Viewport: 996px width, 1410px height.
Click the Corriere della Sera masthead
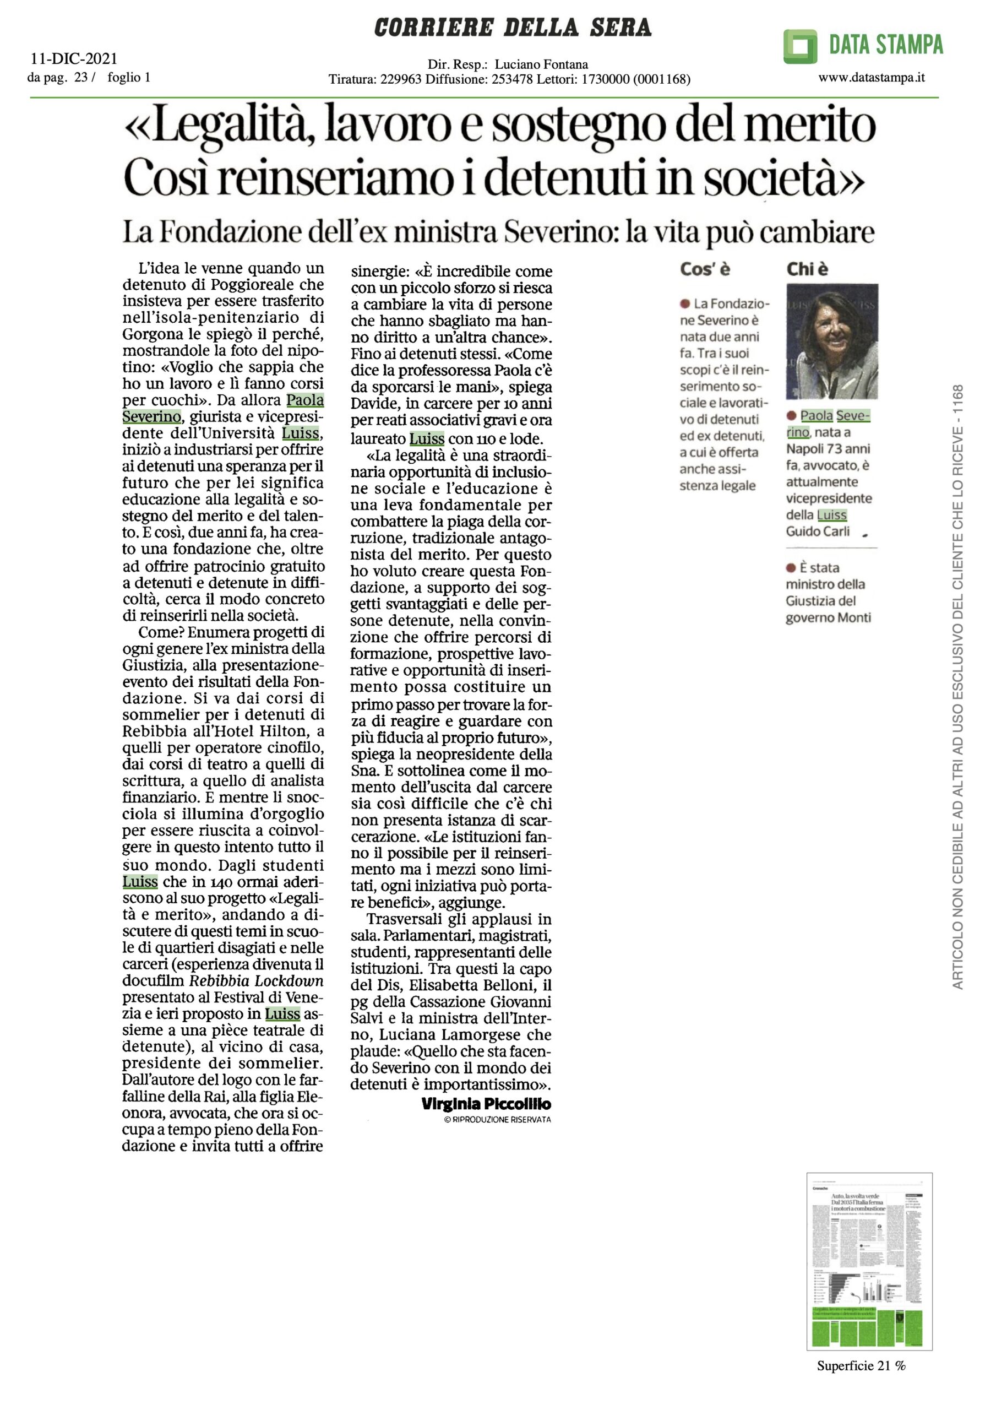512,28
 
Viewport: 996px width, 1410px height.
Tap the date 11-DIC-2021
74,59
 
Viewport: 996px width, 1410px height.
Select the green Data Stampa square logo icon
799,46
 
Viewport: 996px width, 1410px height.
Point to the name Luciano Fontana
541,64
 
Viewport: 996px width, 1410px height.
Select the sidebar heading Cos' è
704,269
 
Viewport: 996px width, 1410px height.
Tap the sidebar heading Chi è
807,269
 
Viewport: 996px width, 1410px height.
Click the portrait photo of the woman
831,341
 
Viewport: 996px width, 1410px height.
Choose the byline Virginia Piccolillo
486,1104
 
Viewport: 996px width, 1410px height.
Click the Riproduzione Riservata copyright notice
497,1120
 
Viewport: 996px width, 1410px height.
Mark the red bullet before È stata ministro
791,568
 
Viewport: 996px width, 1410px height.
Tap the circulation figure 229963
401,79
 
